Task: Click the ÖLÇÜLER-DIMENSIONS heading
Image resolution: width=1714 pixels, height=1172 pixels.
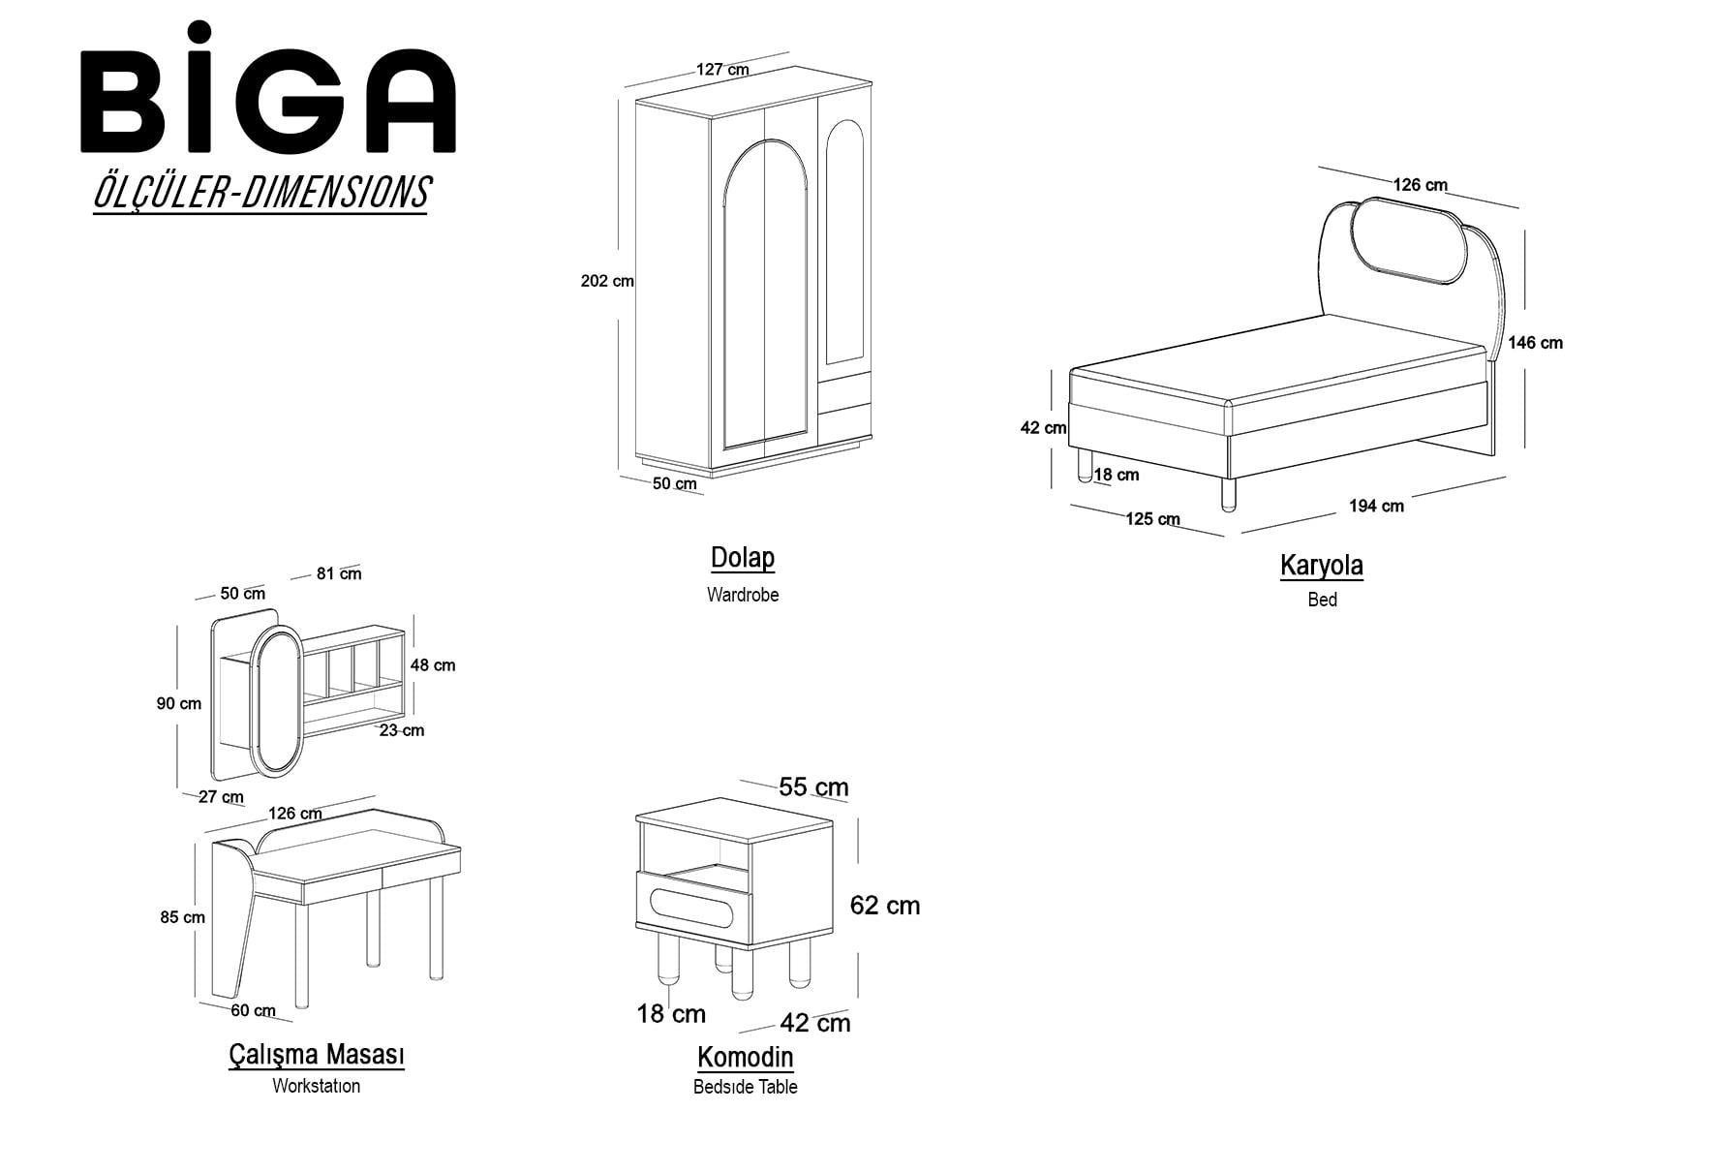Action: pos(260,192)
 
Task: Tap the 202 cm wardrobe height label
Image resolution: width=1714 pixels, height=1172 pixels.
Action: pos(607,281)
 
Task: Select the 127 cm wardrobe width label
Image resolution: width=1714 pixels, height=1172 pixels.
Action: pos(722,70)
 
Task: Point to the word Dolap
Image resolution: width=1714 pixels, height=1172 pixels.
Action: pos(743,558)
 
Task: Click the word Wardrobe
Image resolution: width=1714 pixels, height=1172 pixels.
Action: pos(743,595)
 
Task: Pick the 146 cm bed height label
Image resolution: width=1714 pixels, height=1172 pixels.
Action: pos(1535,343)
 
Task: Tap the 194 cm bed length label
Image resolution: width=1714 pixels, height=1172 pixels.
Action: pos(1376,506)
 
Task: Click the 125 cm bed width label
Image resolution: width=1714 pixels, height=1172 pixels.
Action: pos(1152,519)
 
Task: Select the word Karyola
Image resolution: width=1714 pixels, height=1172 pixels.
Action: pos(1322,565)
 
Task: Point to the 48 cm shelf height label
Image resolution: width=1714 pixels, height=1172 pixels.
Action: pos(432,665)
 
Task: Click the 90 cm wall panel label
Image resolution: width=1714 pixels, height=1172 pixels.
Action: pos(179,704)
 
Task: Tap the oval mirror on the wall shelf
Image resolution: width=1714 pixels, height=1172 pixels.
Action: pos(280,702)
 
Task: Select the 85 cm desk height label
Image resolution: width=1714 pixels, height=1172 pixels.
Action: pos(183,917)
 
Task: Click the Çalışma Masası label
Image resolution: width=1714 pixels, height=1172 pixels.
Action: pos(317,1054)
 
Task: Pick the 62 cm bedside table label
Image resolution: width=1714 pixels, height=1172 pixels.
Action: pos(885,906)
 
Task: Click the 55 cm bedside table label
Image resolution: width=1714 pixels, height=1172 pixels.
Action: pos(814,787)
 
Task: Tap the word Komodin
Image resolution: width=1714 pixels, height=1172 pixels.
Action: pos(745,1057)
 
